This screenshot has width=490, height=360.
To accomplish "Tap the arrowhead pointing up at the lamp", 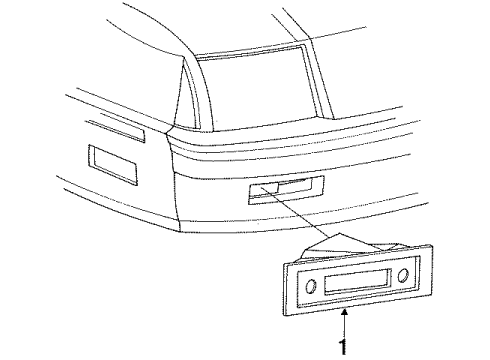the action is click(346, 314).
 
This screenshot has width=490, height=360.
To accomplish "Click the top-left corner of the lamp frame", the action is click(283, 263).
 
